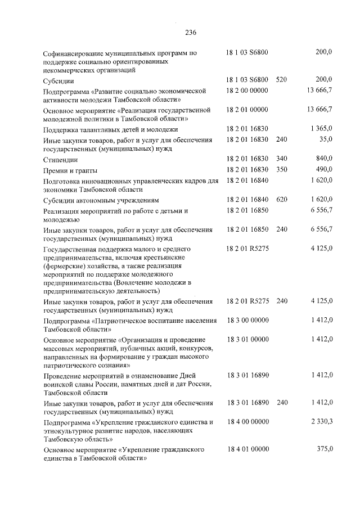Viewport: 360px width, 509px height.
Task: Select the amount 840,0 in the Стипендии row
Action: point(323,160)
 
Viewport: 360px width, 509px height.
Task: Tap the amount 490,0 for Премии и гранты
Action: point(323,170)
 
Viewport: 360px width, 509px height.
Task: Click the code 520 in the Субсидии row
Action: point(282,80)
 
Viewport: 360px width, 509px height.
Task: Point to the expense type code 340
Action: point(282,160)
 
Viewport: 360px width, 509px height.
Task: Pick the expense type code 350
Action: point(282,170)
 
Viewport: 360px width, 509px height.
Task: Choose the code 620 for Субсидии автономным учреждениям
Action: point(282,200)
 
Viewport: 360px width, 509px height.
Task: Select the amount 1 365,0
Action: point(321,129)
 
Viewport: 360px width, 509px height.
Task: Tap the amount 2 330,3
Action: point(321,421)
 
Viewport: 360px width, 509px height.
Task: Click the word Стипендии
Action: point(61,160)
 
